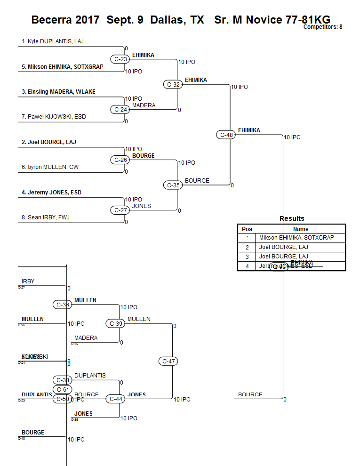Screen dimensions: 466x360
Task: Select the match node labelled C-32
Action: tap(174, 85)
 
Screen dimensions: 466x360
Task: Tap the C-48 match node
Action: tap(226, 135)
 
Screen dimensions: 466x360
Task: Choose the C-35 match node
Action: tap(174, 185)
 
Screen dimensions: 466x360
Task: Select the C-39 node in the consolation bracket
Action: tap(116, 323)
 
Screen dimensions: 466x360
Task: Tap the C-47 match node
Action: tap(168, 362)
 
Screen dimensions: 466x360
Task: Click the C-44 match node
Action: tap(116, 399)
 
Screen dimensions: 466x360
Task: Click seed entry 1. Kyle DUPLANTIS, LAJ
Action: tap(53, 41)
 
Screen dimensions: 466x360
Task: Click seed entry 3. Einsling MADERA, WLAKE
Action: tap(58, 92)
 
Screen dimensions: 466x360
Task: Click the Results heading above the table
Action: tap(292, 218)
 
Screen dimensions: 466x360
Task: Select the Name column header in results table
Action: tap(301, 229)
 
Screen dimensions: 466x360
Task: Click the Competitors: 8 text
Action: tap(322, 27)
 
